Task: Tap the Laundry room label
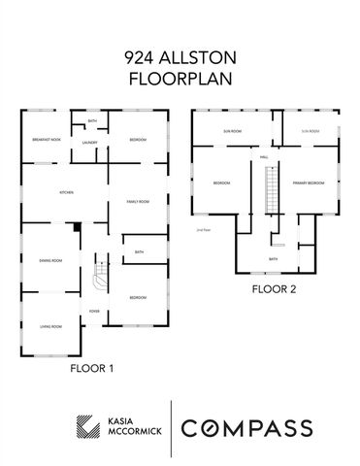pos(90,143)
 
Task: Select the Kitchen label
pos(67,192)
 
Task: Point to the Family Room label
pos(138,201)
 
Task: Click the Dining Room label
pos(50,259)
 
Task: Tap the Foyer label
pos(95,312)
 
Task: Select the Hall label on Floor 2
pos(263,155)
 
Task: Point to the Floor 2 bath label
pos(273,259)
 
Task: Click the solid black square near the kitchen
pos(76,227)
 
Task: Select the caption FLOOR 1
pos(92,368)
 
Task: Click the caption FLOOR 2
pos(273,289)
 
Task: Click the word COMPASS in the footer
pos(248,427)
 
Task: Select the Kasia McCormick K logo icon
pos(87,426)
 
